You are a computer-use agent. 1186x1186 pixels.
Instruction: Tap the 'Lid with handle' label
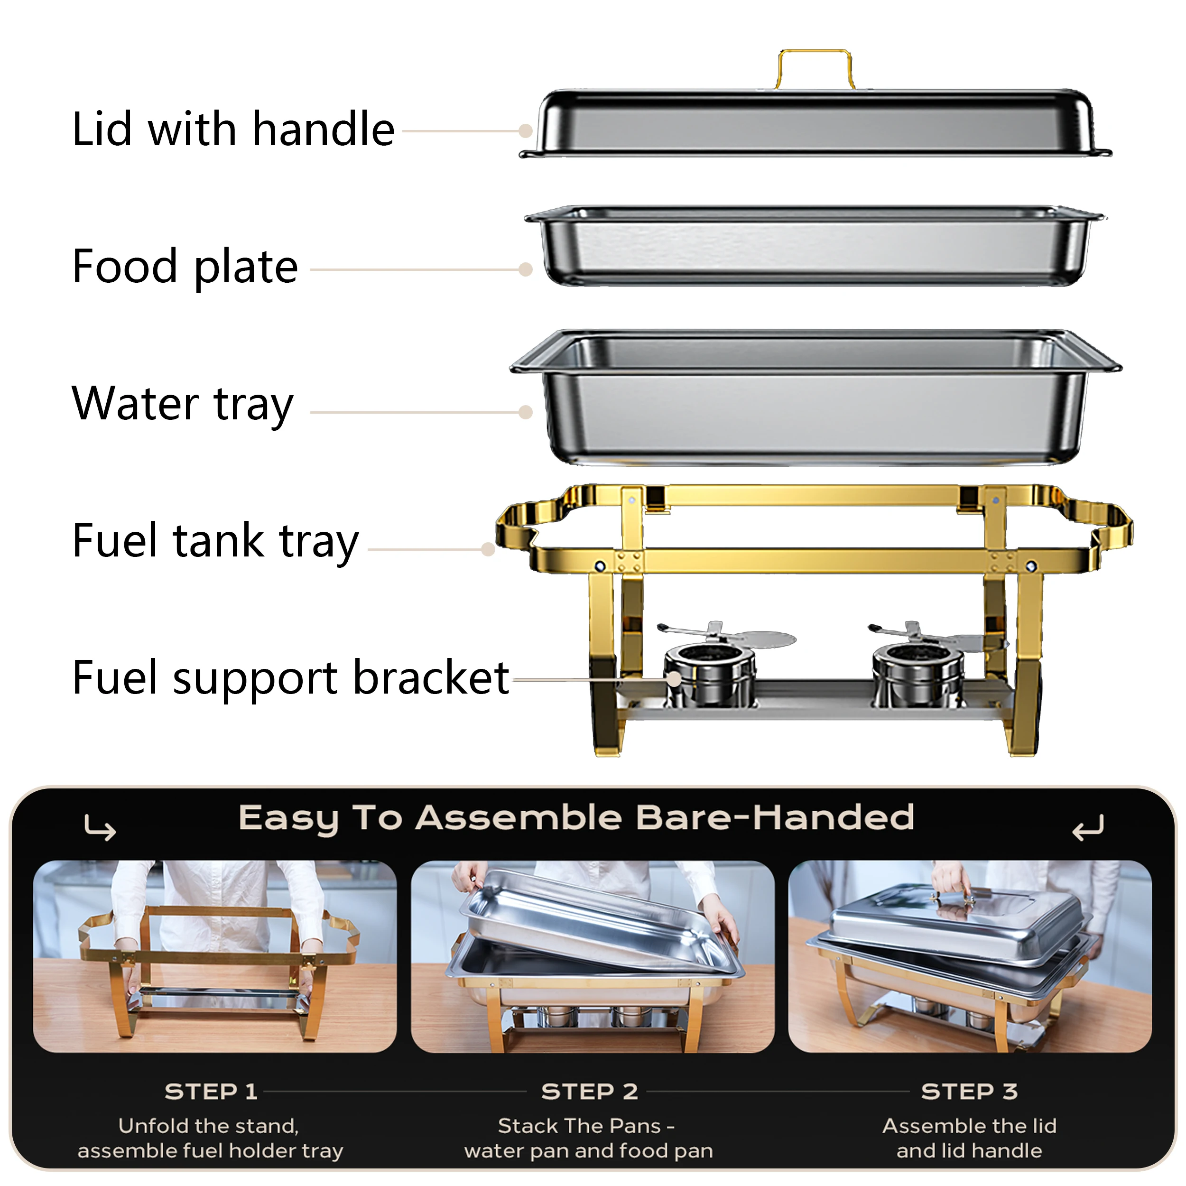(x=233, y=130)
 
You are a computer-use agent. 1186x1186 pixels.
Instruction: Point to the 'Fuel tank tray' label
(x=215, y=541)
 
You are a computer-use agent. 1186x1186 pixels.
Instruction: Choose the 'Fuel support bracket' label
(x=290, y=678)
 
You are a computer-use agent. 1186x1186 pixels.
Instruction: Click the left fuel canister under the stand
(x=710, y=675)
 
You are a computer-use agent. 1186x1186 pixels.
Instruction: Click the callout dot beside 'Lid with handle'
(x=525, y=131)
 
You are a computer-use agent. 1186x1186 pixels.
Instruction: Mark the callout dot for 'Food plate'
(x=525, y=269)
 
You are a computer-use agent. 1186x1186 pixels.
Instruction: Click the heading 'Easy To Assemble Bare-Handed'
(x=576, y=818)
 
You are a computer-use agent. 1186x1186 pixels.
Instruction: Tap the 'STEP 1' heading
(x=211, y=1092)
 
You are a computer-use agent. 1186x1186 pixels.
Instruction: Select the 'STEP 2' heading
(x=589, y=1092)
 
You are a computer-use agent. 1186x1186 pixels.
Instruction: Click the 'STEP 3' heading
(x=969, y=1092)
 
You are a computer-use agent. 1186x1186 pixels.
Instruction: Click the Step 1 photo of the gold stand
(x=215, y=956)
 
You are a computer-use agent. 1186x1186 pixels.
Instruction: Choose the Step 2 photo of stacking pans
(x=593, y=956)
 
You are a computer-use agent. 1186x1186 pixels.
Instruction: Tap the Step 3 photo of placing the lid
(x=970, y=956)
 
